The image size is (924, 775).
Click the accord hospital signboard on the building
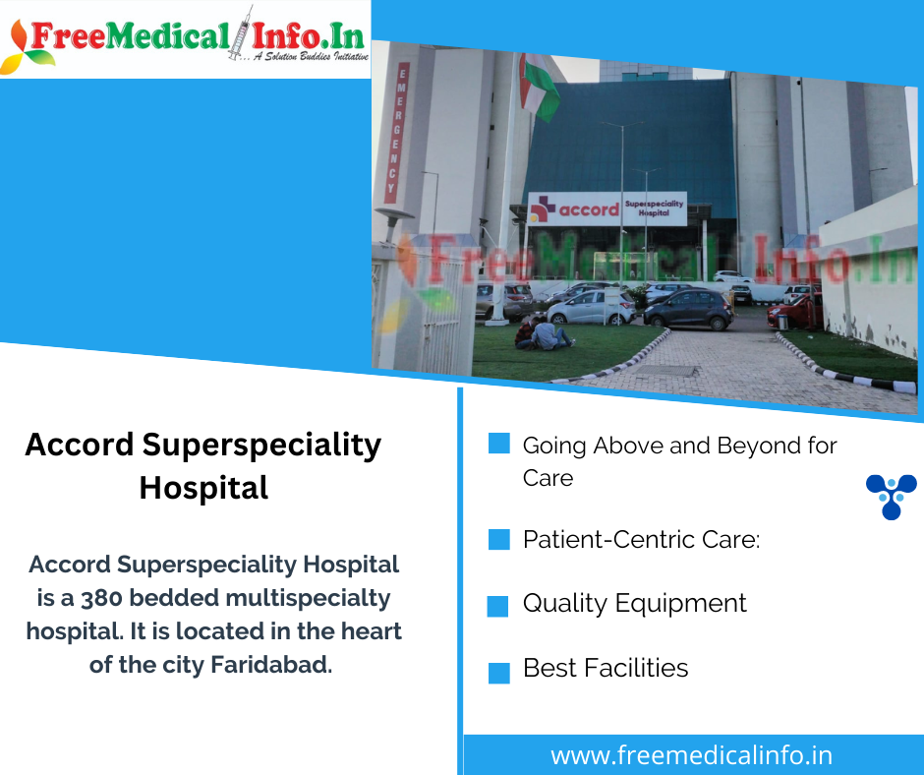pyautogui.click(x=606, y=209)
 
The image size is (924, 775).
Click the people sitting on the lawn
pyautogui.click(x=542, y=334)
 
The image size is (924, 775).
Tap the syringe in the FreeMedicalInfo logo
pyautogui.click(x=239, y=33)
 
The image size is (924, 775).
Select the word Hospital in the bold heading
pyautogui.click(x=203, y=488)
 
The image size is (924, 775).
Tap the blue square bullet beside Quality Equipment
pyautogui.click(x=498, y=606)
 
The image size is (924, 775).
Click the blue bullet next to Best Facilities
pyautogui.click(x=499, y=673)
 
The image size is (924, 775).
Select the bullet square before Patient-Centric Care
pyautogui.click(x=499, y=539)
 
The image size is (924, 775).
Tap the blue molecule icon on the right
pyautogui.click(x=891, y=496)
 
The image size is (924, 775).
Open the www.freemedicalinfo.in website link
pyautogui.click(x=691, y=755)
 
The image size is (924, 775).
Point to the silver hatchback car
pyautogui.click(x=593, y=307)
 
